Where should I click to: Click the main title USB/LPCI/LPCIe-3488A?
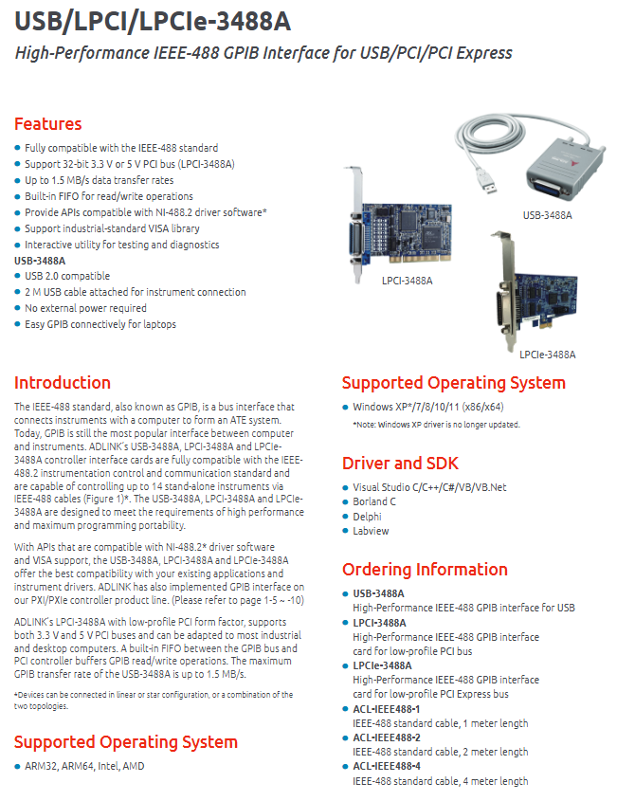(x=153, y=22)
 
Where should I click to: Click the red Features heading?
(x=48, y=123)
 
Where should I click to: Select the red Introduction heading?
(x=63, y=383)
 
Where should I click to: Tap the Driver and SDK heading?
(x=401, y=463)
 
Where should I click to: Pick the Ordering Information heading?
(x=425, y=569)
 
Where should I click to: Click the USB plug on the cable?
(x=487, y=181)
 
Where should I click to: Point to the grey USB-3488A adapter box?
(x=565, y=167)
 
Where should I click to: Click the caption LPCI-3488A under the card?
(x=408, y=281)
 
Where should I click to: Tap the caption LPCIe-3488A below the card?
(x=547, y=355)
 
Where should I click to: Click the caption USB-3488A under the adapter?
(x=547, y=215)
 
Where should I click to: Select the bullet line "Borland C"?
(x=374, y=501)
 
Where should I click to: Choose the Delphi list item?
(x=367, y=517)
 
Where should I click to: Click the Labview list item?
(x=371, y=531)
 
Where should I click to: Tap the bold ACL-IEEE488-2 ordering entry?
(x=386, y=737)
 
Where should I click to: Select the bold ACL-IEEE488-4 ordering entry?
(x=386, y=766)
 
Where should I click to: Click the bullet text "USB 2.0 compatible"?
(x=67, y=276)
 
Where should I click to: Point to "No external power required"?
(x=86, y=308)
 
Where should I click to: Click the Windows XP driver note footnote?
(x=436, y=425)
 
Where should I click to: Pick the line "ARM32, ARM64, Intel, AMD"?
(x=84, y=766)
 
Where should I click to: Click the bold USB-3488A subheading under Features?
(x=40, y=261)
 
